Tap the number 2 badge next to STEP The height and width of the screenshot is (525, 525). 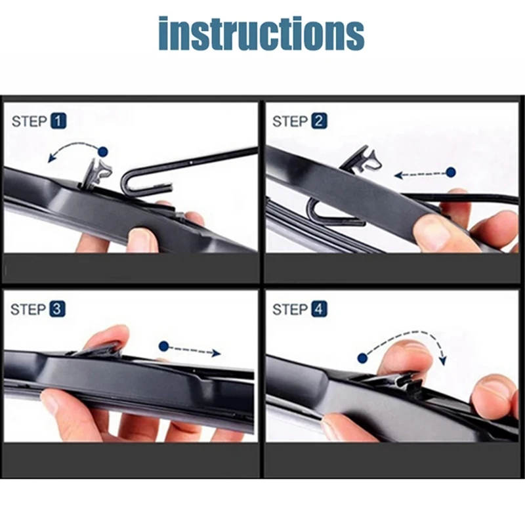[x=319, y=121]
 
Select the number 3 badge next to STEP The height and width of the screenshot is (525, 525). [x=58, y=309]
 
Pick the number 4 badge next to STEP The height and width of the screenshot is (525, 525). [x=319, y=309]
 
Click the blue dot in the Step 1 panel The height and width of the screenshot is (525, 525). [x=102, y=152]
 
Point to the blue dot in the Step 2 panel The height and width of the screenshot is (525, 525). [x=450, y=173]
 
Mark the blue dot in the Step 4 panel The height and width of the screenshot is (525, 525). [x=362, y=358]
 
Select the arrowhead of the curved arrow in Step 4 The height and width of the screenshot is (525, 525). [x=443, y=360]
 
